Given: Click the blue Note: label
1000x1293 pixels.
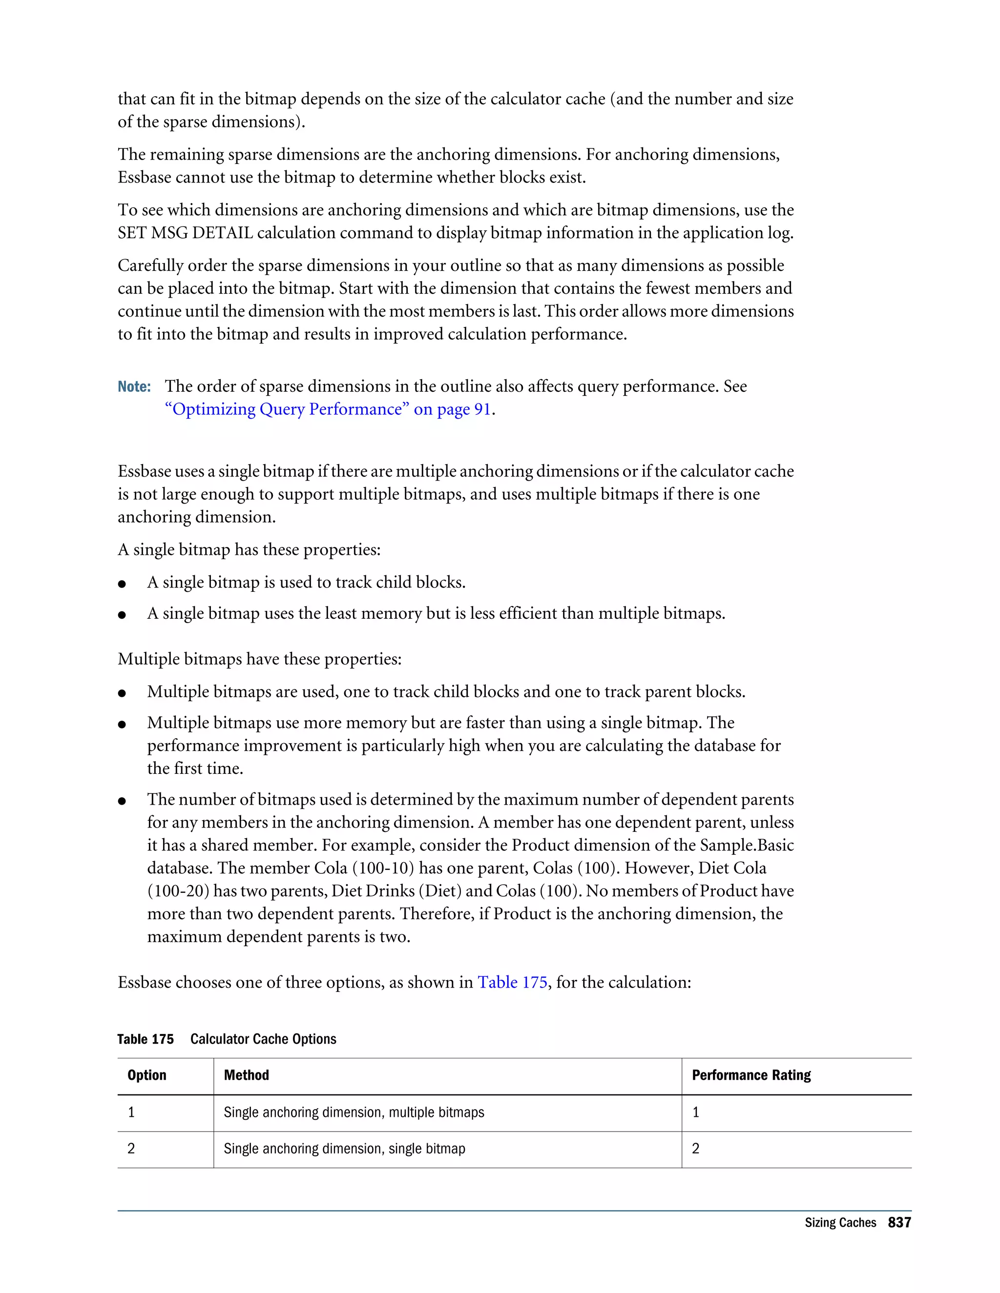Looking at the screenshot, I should [x=134, y=386].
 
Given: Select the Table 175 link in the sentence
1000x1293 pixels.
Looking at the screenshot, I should [x=512, y=982].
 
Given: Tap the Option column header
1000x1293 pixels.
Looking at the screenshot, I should [x=146, y=1075].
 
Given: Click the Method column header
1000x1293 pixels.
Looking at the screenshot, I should [x=247, y=1075].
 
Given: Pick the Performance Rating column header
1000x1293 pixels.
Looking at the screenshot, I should [x=750, y=1075].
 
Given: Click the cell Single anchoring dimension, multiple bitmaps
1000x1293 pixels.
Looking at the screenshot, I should [x=354, y=1112].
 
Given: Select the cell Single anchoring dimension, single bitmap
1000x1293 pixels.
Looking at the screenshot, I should [x=344, y=1149].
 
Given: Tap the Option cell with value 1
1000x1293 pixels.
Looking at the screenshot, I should [x=131, y=1112].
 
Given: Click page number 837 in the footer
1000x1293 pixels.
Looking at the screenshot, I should [x=899, y=1223].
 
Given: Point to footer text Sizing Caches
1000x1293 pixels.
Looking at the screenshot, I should [x=839, y=1223].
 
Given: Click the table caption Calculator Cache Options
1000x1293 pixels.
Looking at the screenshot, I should [x=263, y=1039].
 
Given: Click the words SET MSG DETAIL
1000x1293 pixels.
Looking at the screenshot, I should [x=186, y=233].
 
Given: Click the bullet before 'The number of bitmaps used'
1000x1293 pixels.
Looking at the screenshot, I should [x=122, y=802].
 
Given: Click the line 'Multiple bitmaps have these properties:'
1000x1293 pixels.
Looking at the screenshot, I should [x=259, y=659].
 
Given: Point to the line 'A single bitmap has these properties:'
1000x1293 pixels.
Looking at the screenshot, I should [x=249, y=549].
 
